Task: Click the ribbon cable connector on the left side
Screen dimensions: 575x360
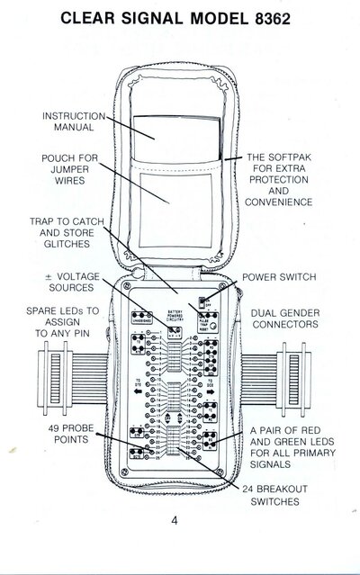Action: pos(56,382)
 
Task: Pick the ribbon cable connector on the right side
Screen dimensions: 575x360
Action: pos(303,382)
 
